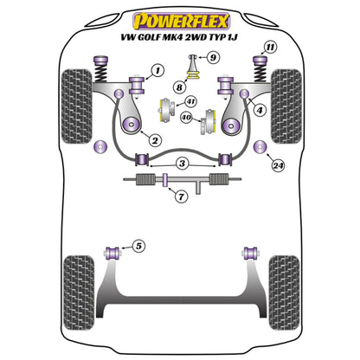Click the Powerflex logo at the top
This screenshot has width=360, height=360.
179,16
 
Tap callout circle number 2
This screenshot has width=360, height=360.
154,139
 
